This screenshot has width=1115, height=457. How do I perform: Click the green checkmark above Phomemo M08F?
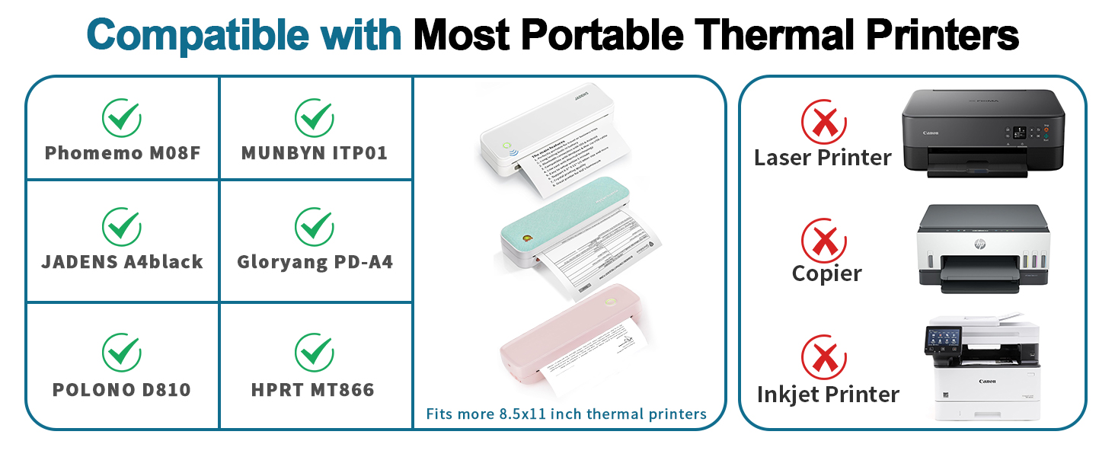(122, 117)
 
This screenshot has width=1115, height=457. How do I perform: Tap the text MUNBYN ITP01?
(315, 153)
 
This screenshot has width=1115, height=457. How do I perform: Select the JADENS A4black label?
(122, 262)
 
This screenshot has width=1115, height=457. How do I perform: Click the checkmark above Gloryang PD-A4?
(315, 225)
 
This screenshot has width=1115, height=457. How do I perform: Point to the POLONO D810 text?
(122, 390)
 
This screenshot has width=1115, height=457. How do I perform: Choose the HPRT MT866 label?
(313, 390)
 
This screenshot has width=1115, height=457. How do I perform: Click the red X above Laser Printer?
(823, 122)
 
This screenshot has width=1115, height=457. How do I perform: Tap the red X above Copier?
(823, 240)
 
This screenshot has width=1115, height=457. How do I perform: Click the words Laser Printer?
(823, 158)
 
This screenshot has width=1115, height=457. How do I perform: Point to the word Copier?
(826, 273)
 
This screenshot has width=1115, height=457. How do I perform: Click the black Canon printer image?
(982, 134)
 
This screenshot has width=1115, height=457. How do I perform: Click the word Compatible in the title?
(244, 34)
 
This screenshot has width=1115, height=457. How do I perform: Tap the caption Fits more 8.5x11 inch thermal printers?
(566, 414)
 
